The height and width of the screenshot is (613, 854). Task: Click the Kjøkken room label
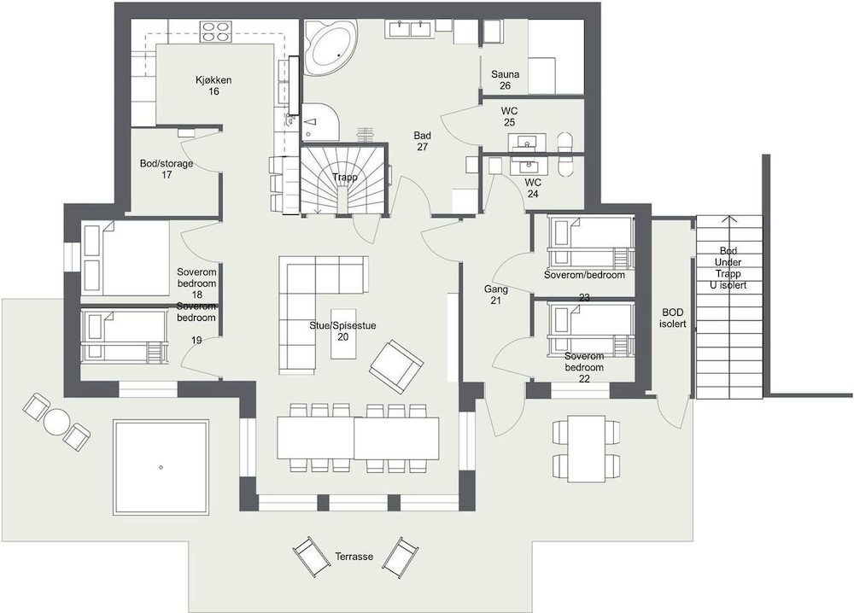point(213,80)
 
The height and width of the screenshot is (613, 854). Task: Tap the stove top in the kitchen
point(216,31)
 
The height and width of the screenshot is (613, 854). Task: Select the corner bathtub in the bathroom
point(330,49)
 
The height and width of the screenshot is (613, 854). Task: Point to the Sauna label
point(505,74)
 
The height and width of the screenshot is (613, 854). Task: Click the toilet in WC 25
point(564,142)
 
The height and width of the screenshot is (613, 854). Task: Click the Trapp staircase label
point(345,178)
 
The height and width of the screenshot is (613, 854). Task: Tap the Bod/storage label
point(167,163)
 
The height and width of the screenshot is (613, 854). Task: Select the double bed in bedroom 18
point(126,258)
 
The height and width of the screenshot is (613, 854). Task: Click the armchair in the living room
point(396,367)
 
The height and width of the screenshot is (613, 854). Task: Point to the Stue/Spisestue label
point(342,325)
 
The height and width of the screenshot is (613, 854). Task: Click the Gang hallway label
point(495,289)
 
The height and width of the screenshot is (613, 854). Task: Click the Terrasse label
point(354,557)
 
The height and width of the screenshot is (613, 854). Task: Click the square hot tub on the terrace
point(161,467)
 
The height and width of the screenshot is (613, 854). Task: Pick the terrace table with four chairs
point(587,448)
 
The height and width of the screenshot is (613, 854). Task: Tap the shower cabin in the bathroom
point(320,121)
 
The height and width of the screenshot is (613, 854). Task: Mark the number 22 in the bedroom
point(584,378)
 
